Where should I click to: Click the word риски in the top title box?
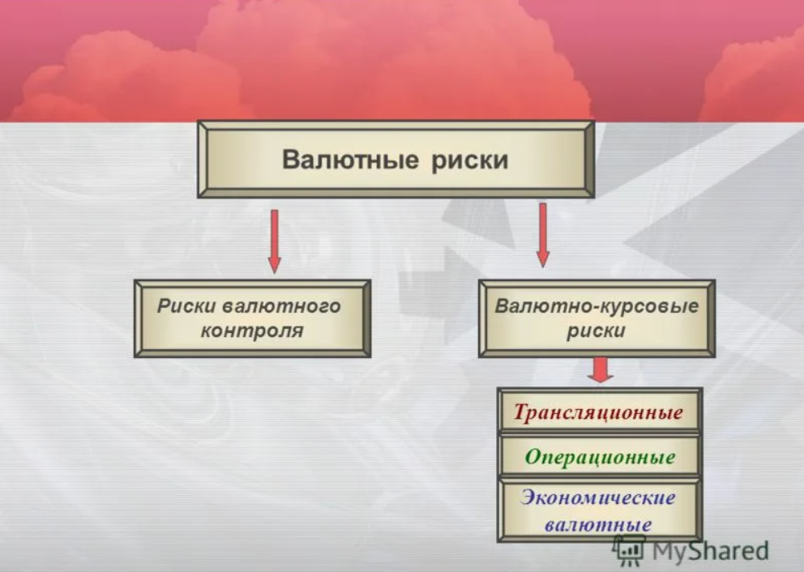coord(470,160)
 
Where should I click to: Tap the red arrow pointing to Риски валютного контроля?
coord(275,241)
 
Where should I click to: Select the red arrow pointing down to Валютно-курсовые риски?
coord(543,235)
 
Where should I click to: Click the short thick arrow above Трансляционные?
coord(601,369)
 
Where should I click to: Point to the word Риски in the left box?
coord(186,306)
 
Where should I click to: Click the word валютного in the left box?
coord(282,306)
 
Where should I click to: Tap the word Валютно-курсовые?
coord(597,306)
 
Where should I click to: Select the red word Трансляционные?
coord(598,412)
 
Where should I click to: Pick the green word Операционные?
coord(600,456)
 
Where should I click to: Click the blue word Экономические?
coord(598,497)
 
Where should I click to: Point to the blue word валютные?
coord(598,524)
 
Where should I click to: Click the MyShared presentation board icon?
coord(630,550)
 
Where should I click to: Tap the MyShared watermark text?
coord(710,551)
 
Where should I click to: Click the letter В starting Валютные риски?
coord(290,160)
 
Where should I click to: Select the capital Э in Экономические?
coord(529,497)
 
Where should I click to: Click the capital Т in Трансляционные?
coord(522,412)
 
